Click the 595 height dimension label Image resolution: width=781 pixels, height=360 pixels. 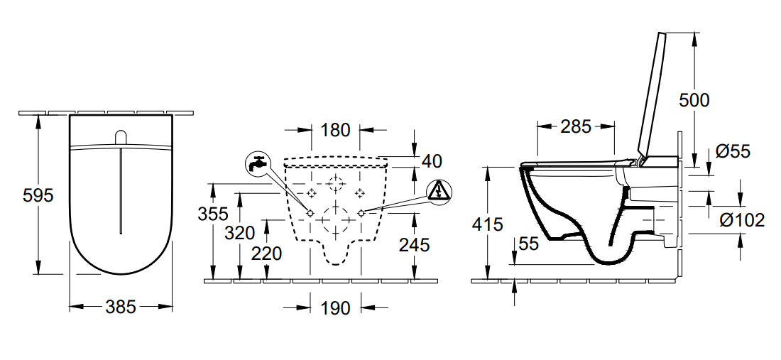tap(38, 195)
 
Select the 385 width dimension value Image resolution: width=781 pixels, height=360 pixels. tap(121, 307)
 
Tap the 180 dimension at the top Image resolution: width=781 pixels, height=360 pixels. tap(335, 130)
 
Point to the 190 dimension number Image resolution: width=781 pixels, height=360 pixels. tap(335, 308)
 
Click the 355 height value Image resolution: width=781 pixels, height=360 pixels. tap(213, 214)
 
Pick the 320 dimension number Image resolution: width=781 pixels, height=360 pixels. tap(239, 233)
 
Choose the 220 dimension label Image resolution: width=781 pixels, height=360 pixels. tap(266, 254)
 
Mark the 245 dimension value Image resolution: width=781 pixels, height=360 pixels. tap(414, 245)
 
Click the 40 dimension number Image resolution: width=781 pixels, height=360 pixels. tap(432, 161)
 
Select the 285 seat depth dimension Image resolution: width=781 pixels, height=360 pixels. tap(576, 126)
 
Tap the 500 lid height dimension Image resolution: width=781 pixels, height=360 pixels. tap(694, 100)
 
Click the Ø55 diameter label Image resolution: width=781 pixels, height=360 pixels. tap(733, 151)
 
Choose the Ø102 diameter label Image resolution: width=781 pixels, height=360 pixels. tap(742, 219)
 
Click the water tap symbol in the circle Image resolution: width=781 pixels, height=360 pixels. tap(258, 163)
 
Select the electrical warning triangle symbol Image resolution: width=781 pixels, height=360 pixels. tap(439, 192)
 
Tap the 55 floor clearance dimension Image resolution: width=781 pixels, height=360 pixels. tap(528, 244)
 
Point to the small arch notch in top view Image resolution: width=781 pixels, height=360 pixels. tap(121, 138)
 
